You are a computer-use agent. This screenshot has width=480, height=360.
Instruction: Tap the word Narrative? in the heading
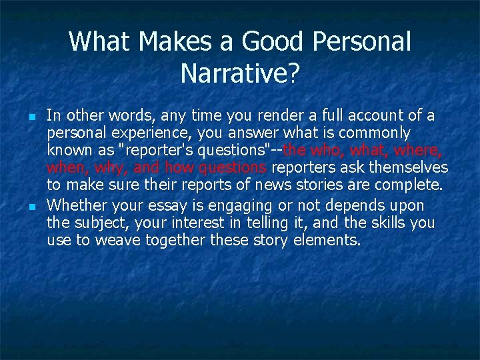[x=239, y=74]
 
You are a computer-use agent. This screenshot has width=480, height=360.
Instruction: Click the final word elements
[x=327, y=240]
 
